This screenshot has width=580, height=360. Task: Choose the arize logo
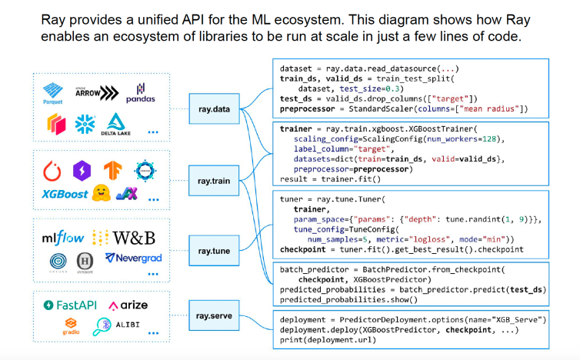pos(128,306)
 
